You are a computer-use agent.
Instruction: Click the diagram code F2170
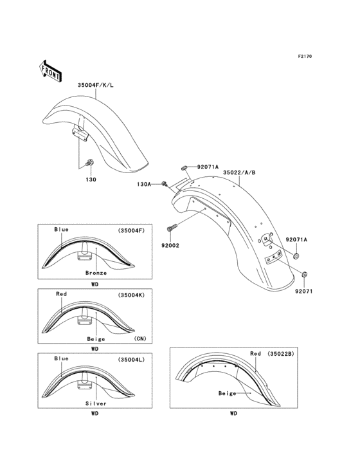point(304,57)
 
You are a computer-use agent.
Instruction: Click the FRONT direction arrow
point(51,69)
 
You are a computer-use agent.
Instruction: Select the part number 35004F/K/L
point(96,84)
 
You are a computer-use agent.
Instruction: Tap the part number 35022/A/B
point(239,172)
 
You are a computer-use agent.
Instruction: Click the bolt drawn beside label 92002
point(172,227)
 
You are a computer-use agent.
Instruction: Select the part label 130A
point(145,184)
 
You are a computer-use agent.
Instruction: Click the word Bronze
point(95,273)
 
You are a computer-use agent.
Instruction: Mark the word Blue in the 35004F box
point(62,229)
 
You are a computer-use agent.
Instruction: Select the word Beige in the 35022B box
point(228,393)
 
